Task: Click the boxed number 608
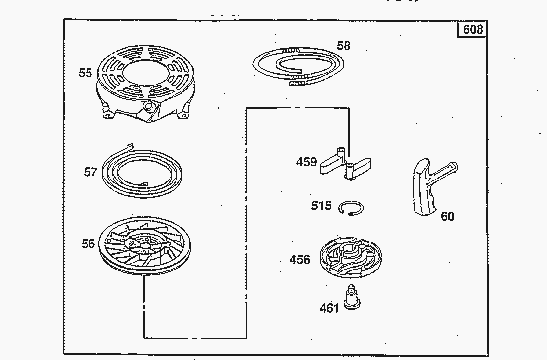[473, 29]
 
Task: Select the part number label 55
[85, 73]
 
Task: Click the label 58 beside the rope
[343, 46]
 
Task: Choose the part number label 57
[91, 172]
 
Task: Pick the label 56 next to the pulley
[88, 244]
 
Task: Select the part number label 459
[307, 162]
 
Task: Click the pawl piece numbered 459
[345, 164]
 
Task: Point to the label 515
[321, 205]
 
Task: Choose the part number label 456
[300, 259]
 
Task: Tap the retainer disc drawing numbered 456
[351, 257]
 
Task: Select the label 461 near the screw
[329, 308]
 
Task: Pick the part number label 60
[447, 216]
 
